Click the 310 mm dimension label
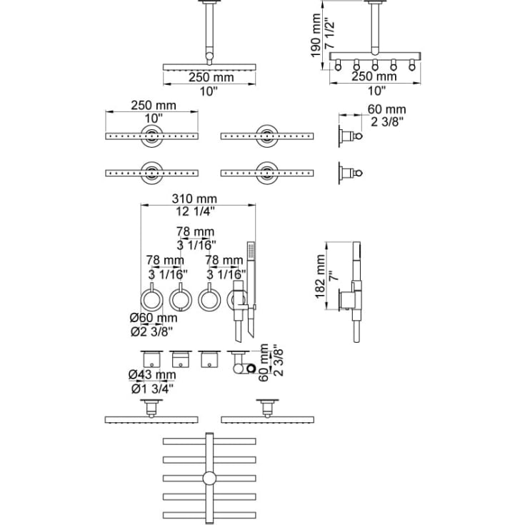(x=194, y=199)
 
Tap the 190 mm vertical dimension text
(x=316, y=35)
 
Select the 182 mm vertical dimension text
(x=320, y=276)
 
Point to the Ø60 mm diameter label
(x=154, y=318)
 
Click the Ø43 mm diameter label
(x=152, y=375)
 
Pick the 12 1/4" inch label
(x=195, y=211)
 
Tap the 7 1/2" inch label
(x=330, y=35)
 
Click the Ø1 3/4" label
(x=152, y=389)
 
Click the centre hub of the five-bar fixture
(x=209, y=478)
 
